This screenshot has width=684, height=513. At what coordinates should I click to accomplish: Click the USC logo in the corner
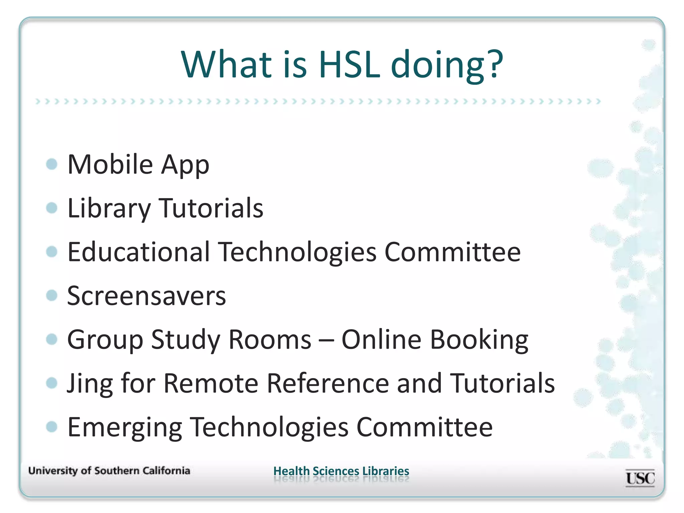(x=640, y=478)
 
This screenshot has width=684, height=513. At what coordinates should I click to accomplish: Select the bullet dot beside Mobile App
(x=52, y=164)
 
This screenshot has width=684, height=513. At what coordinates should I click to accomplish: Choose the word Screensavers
(x=146, y=296)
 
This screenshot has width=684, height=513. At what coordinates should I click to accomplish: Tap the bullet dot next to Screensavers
(x=52, y=295)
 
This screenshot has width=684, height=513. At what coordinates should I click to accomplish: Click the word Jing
(x=90, y=384)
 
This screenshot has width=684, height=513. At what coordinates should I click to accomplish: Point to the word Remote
(x=211, y=383)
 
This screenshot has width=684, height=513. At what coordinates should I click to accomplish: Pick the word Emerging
(x=125, y=427)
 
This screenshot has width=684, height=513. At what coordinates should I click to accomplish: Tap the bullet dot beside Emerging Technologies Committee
(x=52, y=426)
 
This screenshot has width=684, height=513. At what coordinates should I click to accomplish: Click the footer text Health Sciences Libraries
(x=341, y=471)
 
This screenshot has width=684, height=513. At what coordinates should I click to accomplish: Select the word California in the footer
(x=166, y=471)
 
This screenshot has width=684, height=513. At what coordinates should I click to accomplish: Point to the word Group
(x=105, y=340)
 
